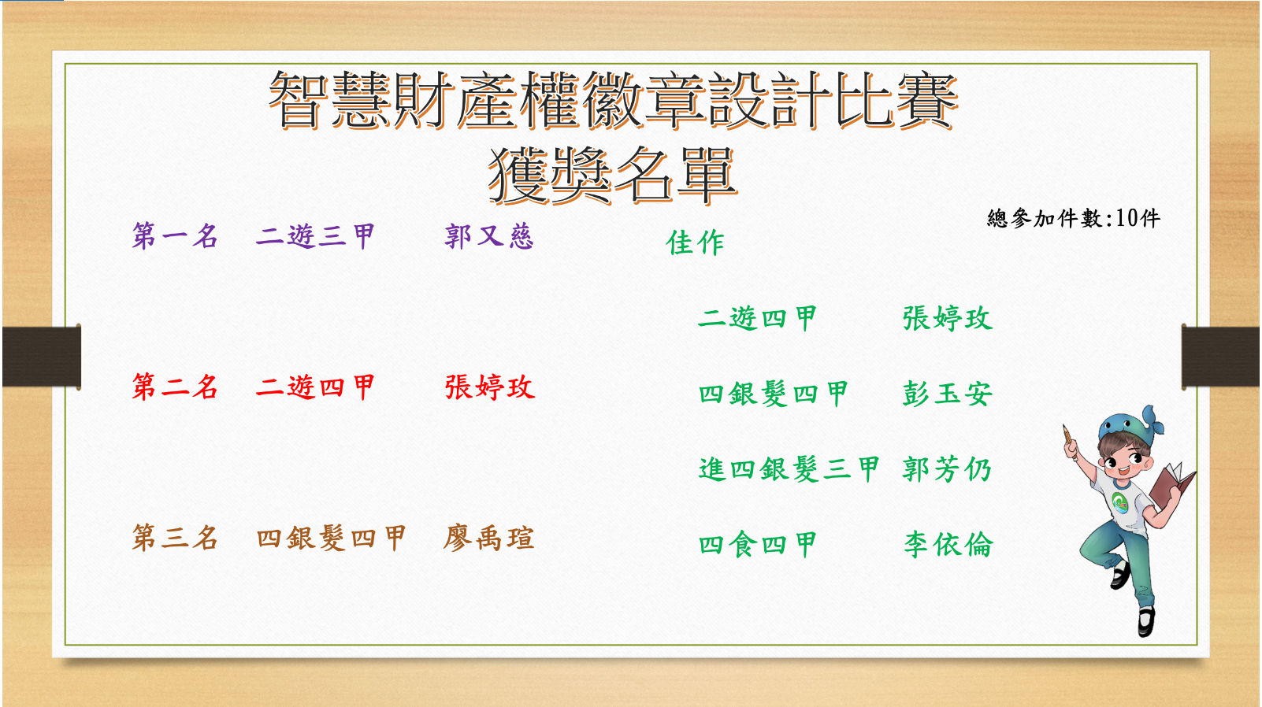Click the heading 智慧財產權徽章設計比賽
point(613,100)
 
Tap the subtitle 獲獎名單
point(613,176)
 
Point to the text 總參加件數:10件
point(1074,218)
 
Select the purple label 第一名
point(175,235)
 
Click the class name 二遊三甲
point(315,235)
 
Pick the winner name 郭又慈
point(489,235)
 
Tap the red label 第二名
point(175,387)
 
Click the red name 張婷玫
point(489,387)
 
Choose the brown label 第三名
point(175,537)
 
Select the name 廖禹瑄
point(488,537)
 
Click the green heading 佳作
point(695,242)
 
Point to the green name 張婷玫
point(947,318)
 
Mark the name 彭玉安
point(947,394)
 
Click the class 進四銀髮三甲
point(789,469)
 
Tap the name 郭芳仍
point(947,469)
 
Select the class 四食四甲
point(758,544)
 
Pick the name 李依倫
point(948,544)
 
